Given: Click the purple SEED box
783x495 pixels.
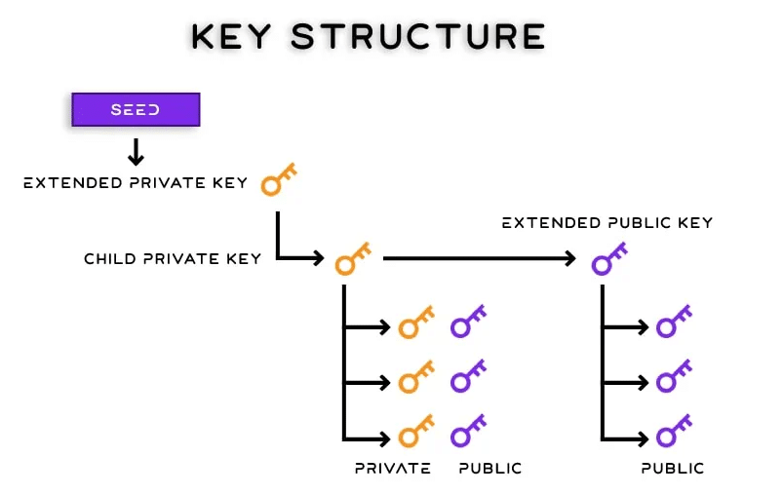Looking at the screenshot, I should [136, 109].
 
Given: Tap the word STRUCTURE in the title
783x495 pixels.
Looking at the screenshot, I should [417, 36].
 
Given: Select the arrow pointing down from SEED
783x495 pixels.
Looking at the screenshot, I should [136, 151].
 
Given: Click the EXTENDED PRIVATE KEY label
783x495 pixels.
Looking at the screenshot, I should [136, 182].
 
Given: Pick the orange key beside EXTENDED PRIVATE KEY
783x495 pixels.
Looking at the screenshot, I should [279, 179].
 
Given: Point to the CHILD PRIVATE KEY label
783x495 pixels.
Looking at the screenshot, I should [173, 258].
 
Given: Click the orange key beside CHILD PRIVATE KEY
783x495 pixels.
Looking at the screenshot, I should [352, 258].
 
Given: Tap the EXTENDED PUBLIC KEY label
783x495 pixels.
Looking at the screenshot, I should [607, 223].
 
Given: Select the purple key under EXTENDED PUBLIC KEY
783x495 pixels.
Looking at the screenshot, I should [609, 258].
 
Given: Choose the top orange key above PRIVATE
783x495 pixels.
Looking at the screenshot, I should [416, 322].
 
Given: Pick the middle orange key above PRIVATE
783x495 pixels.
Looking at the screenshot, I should [416, 375].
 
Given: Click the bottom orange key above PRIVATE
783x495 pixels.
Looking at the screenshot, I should [416, 430].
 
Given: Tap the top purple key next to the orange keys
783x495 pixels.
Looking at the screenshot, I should [468, 322].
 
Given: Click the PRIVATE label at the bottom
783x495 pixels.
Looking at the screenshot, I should [392, 468].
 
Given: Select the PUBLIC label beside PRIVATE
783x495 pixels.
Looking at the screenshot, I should [490, 468].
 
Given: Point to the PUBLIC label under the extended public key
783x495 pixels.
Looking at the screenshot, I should [672, 468].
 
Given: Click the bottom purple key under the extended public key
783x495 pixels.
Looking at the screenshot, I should [673, 430].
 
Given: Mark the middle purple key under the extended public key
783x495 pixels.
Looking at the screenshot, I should [673, 375].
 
